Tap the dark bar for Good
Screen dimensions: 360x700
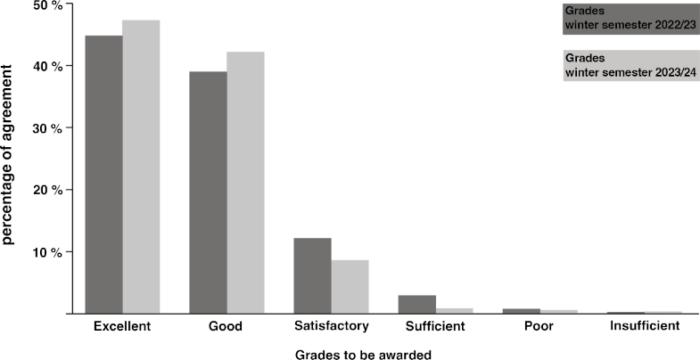click(208, 192)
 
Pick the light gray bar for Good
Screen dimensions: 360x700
click(245, 183)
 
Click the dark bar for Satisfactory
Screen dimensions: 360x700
click(312, 275)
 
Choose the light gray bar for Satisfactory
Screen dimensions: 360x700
click(350, 286)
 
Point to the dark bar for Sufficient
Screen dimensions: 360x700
click(416, 304)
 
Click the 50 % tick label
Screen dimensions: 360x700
click(48, 5)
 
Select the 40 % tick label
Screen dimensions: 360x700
click(48, 67)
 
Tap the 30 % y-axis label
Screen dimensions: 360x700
click(48, 128)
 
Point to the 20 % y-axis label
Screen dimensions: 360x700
click(48, 191)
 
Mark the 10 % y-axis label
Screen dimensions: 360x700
click(48, 252)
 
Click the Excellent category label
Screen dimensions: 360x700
click(122, 327)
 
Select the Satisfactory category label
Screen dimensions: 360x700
click(331, 327)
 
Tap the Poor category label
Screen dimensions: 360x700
click(539, 327)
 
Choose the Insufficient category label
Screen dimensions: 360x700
click(644, 327)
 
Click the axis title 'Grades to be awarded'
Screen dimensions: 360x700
click(363, 354)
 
